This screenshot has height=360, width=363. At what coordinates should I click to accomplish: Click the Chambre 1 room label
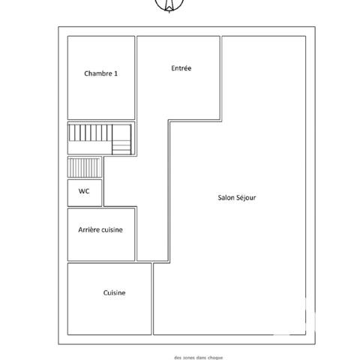click(100, 73)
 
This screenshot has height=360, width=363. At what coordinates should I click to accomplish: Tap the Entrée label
click(181, 68)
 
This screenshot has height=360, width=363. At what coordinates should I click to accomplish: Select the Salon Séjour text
click(237, 197)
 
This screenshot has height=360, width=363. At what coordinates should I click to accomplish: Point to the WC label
click(84, 192)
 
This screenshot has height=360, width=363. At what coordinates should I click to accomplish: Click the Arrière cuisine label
click(100, 230)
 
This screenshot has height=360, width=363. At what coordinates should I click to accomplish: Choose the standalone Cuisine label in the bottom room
click(114, 292)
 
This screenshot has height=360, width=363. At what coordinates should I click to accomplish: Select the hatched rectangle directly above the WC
click(84, 167)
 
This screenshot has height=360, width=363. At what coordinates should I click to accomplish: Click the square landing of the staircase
click(121, 133)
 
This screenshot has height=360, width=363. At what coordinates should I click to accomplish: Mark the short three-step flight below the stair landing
click(121, 148)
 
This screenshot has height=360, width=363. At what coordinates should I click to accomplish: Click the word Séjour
click(246, 197)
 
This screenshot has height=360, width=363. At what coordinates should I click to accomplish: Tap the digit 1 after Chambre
click(116, 73)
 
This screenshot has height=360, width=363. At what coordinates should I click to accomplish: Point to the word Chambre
click(97, 73)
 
